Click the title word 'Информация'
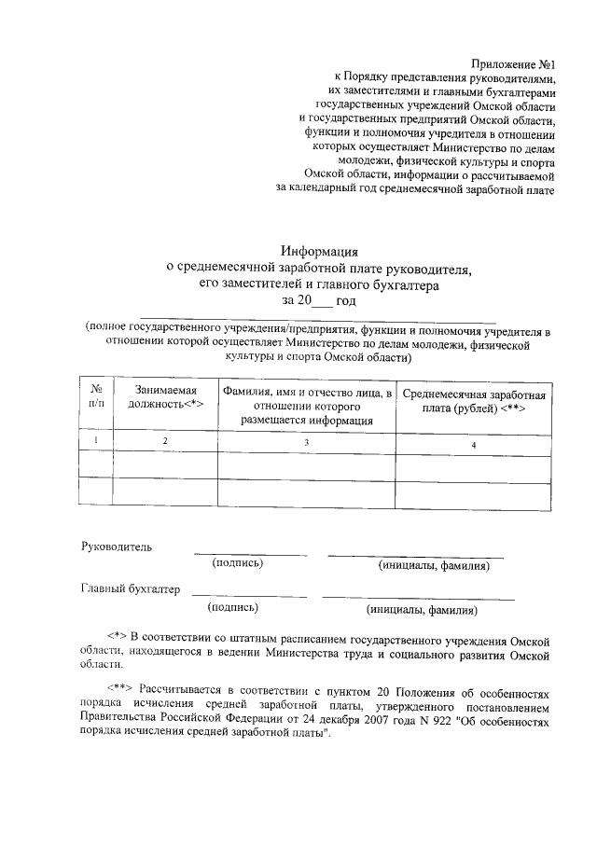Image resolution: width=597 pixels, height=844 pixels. pos(320,250)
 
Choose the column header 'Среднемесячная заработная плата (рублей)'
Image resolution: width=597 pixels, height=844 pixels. pos(475,402)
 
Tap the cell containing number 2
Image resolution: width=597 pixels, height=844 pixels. pos(165,439)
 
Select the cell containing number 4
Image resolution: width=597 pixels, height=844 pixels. pos(474,445)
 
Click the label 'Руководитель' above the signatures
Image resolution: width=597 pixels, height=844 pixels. pos(117,546)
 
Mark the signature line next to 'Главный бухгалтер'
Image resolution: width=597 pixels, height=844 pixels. pos(249,595)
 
